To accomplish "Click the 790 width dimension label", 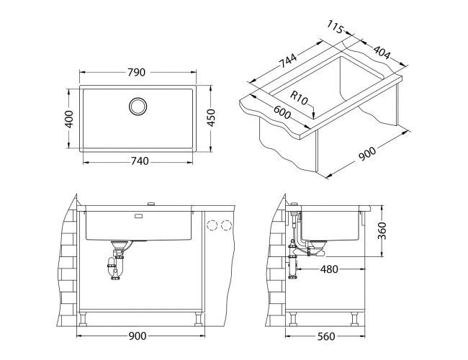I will pos(137,72).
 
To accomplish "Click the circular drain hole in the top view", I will pos(138,106).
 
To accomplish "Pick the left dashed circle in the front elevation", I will pos(212,225).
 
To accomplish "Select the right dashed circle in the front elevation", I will pos(228,225).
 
